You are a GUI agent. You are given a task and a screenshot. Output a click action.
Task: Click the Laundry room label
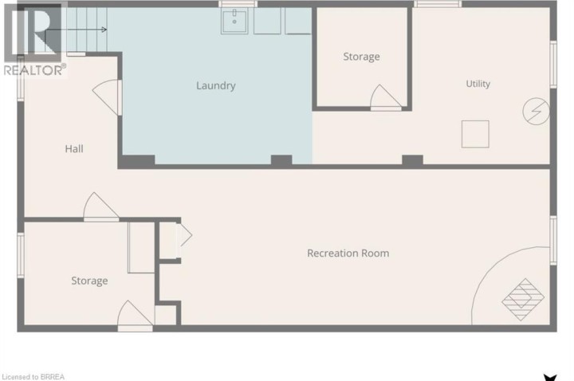coord(215,85)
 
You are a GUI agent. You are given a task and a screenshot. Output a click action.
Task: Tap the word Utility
coord(478,84)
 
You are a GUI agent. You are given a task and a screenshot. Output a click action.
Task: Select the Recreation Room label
coord(348,253)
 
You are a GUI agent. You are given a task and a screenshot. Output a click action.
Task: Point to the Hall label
coord(74,148)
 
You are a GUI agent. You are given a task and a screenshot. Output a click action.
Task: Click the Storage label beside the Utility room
coord(361,57)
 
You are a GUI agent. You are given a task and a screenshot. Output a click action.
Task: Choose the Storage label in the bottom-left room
coord(89,281)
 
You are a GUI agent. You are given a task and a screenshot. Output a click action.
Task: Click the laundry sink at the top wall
coord(234,22)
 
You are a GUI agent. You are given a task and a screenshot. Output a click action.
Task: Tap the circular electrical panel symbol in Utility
coord(536,111)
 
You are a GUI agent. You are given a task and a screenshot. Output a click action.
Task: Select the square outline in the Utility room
coord(475,134)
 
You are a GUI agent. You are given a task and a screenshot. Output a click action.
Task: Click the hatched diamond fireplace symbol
coord(523,300)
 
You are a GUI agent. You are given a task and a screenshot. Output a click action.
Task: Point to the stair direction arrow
coord(77,29)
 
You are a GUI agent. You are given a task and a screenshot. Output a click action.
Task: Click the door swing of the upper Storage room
coord(386,98)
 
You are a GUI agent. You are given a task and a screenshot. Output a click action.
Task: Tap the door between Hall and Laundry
coord(107,97)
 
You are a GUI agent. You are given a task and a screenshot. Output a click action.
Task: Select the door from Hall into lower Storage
coord(101,206)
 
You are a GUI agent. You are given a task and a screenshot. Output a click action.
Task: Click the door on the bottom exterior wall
coord(135,316)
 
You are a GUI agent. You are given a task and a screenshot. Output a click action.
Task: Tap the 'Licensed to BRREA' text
coord(33,376)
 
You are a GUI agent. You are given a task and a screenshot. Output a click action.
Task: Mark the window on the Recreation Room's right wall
coord(553,240)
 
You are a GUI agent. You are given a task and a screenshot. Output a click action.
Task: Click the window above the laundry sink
coord(238,4)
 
